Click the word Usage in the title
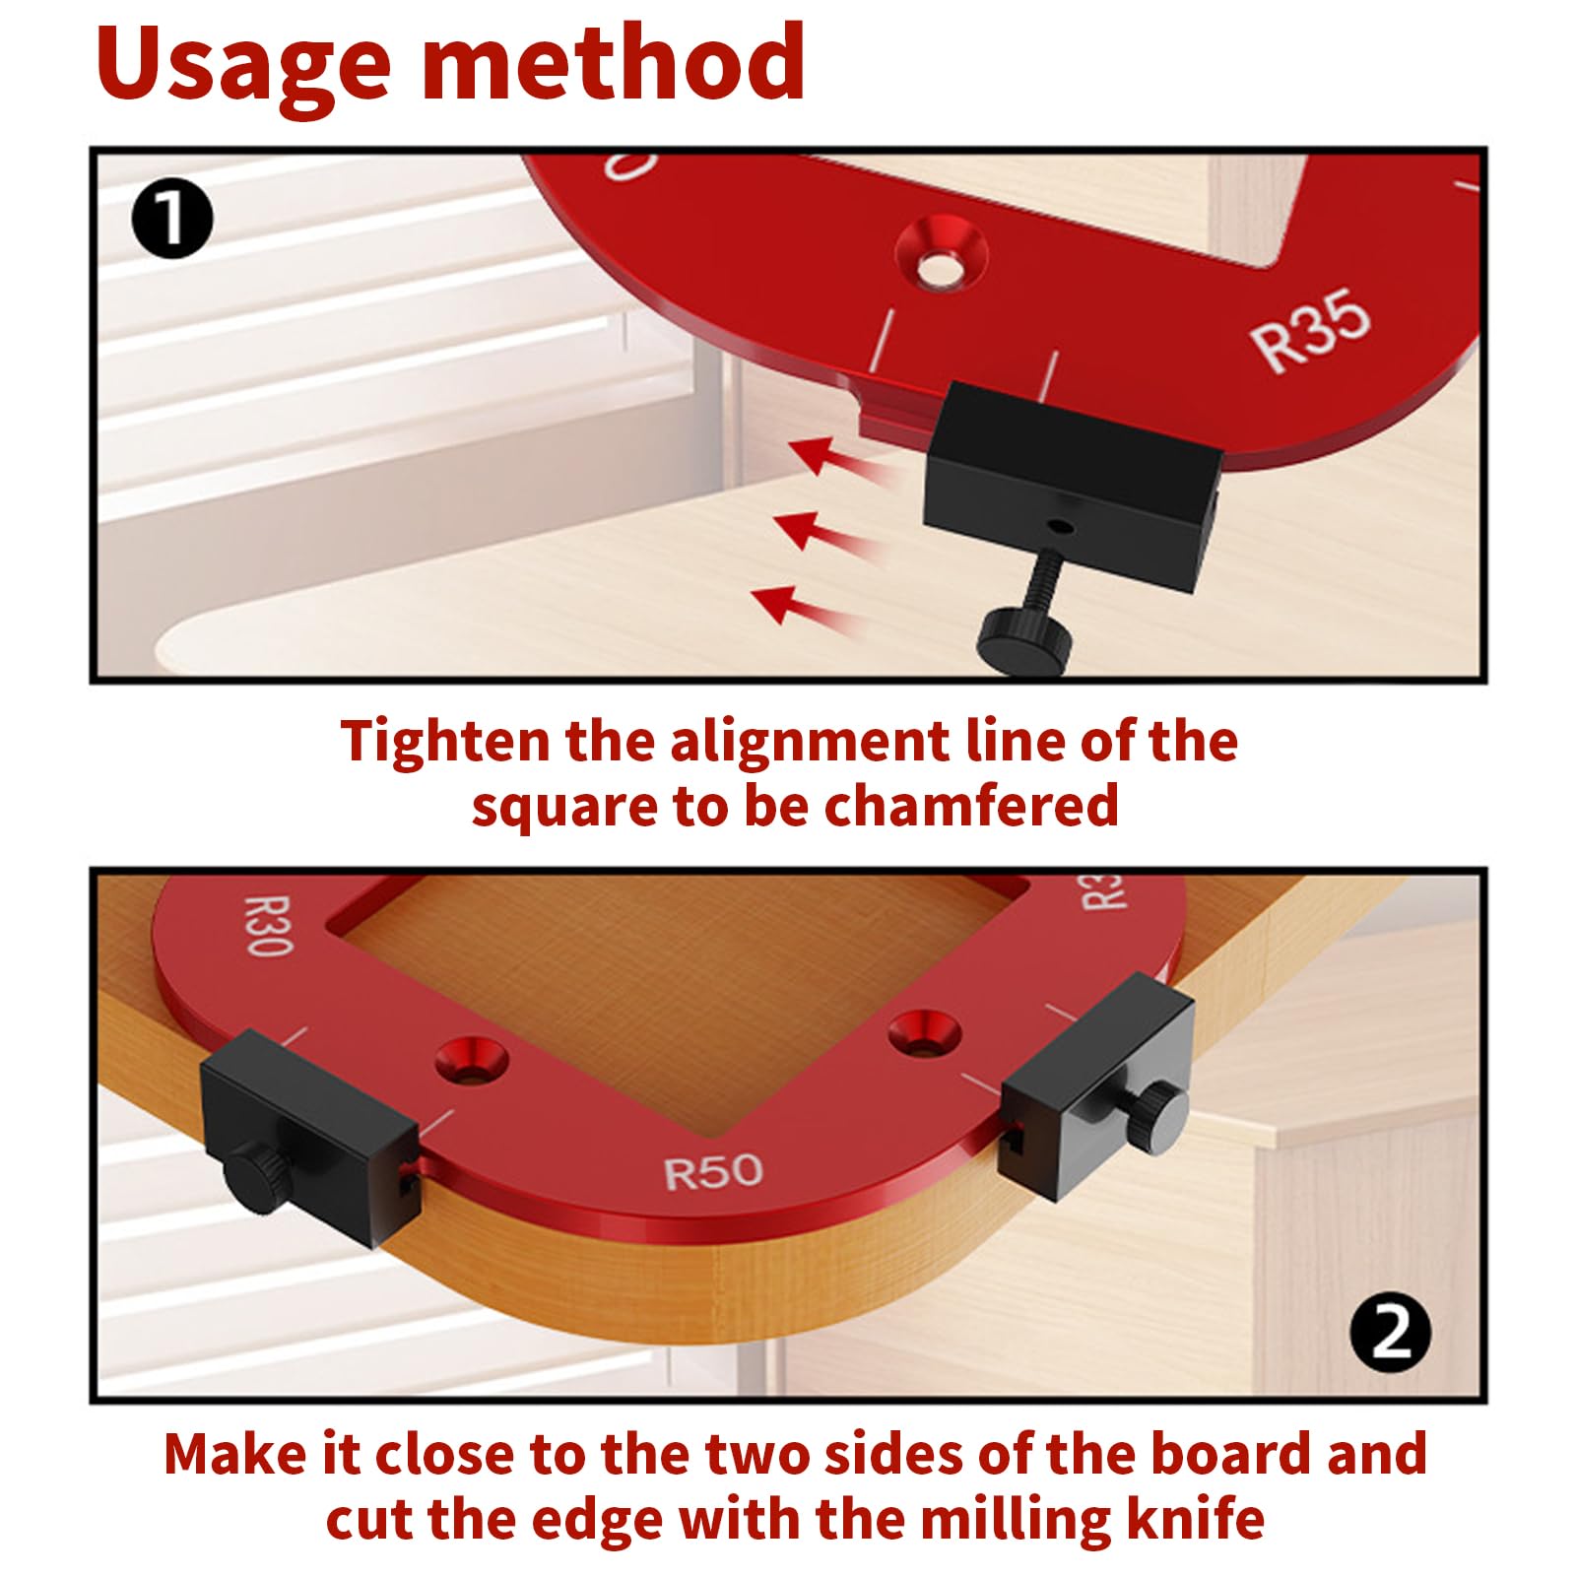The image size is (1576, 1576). (x=241, y=64)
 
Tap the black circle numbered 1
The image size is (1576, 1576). (x=171, y=219)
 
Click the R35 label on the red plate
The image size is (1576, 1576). (x=1311, y=330)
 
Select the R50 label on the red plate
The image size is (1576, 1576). (x=713, y=1172)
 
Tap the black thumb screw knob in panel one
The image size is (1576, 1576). (x=1023, y=637)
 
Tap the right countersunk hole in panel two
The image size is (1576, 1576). (x=924, y=1034)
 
